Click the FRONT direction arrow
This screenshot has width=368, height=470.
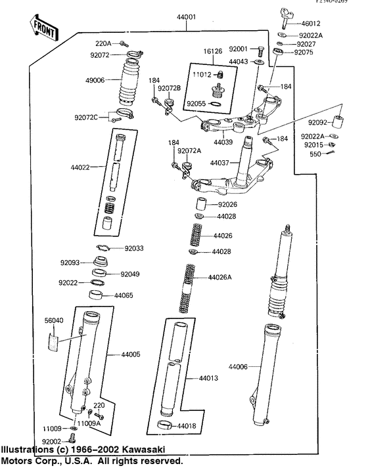click(40, 26)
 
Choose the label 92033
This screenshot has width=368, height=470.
click(135, 248)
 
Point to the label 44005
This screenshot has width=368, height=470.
click(130, 355)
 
